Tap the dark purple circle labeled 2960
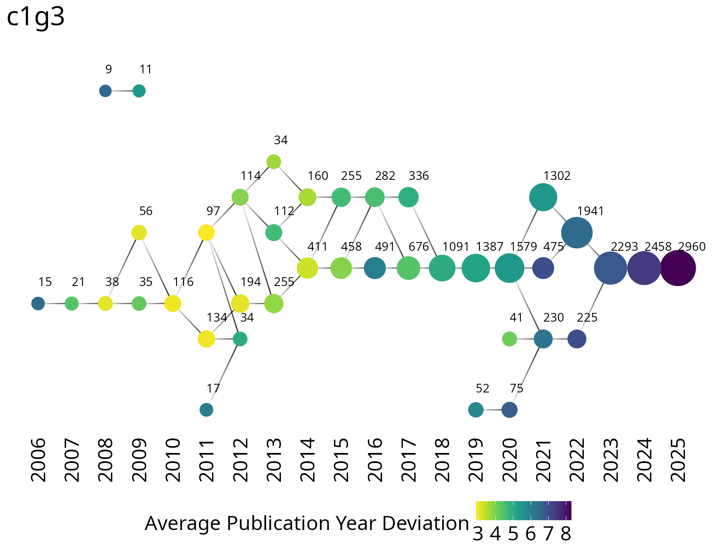(677, 269)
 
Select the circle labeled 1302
(543, 198)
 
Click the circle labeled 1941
(577, 233)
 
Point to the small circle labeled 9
(105, 91)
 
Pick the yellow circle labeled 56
(139, 233)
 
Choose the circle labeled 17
(206, 410)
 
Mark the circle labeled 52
(476, 410)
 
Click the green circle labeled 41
(509, 339)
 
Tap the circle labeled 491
(375, 269)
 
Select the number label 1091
(455, 247)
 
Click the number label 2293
(624, 247)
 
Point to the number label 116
(183, 282)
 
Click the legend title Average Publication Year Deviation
(307, 524)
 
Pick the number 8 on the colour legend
(566, 535)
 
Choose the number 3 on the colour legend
(478, 535)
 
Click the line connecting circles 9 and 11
(122, 91)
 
